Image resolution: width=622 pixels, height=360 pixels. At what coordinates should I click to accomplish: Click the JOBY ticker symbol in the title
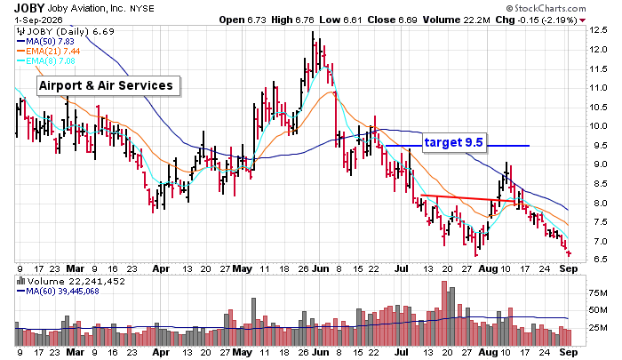(29, 8)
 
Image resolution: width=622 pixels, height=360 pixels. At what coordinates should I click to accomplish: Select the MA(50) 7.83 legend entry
(45, 41)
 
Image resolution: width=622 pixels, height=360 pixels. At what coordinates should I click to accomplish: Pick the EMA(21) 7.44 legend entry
(48, 52)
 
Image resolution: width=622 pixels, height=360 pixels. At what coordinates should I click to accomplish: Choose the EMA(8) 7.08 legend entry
(46, 61)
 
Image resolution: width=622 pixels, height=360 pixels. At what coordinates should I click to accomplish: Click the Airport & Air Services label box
(108, 85)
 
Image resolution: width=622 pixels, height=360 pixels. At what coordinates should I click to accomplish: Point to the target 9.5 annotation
(453, 142)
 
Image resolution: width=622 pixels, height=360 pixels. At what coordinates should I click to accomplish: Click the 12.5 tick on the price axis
(598, 30)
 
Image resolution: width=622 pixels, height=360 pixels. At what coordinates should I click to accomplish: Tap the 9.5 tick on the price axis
(598, 146)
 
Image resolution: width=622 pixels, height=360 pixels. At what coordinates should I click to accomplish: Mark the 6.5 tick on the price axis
(598, 260)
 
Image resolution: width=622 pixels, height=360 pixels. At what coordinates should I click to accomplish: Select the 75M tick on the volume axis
(598, 293)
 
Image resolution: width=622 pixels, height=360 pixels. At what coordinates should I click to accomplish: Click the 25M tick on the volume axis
(598, 328)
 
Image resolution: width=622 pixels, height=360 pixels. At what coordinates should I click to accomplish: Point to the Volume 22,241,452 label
(71, 282)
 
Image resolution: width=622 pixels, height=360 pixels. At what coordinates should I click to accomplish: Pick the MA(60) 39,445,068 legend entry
(58, 292)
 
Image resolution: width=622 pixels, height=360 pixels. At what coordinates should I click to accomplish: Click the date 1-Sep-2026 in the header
(38, 20)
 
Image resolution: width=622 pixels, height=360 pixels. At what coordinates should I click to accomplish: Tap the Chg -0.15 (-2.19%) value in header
(540, 20)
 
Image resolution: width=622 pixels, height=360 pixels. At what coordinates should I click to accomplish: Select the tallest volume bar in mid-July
(444, 314)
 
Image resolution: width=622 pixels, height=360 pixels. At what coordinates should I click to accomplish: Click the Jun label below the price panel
(320, 268)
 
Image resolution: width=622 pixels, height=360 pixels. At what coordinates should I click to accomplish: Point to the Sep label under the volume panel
(569, 352)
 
